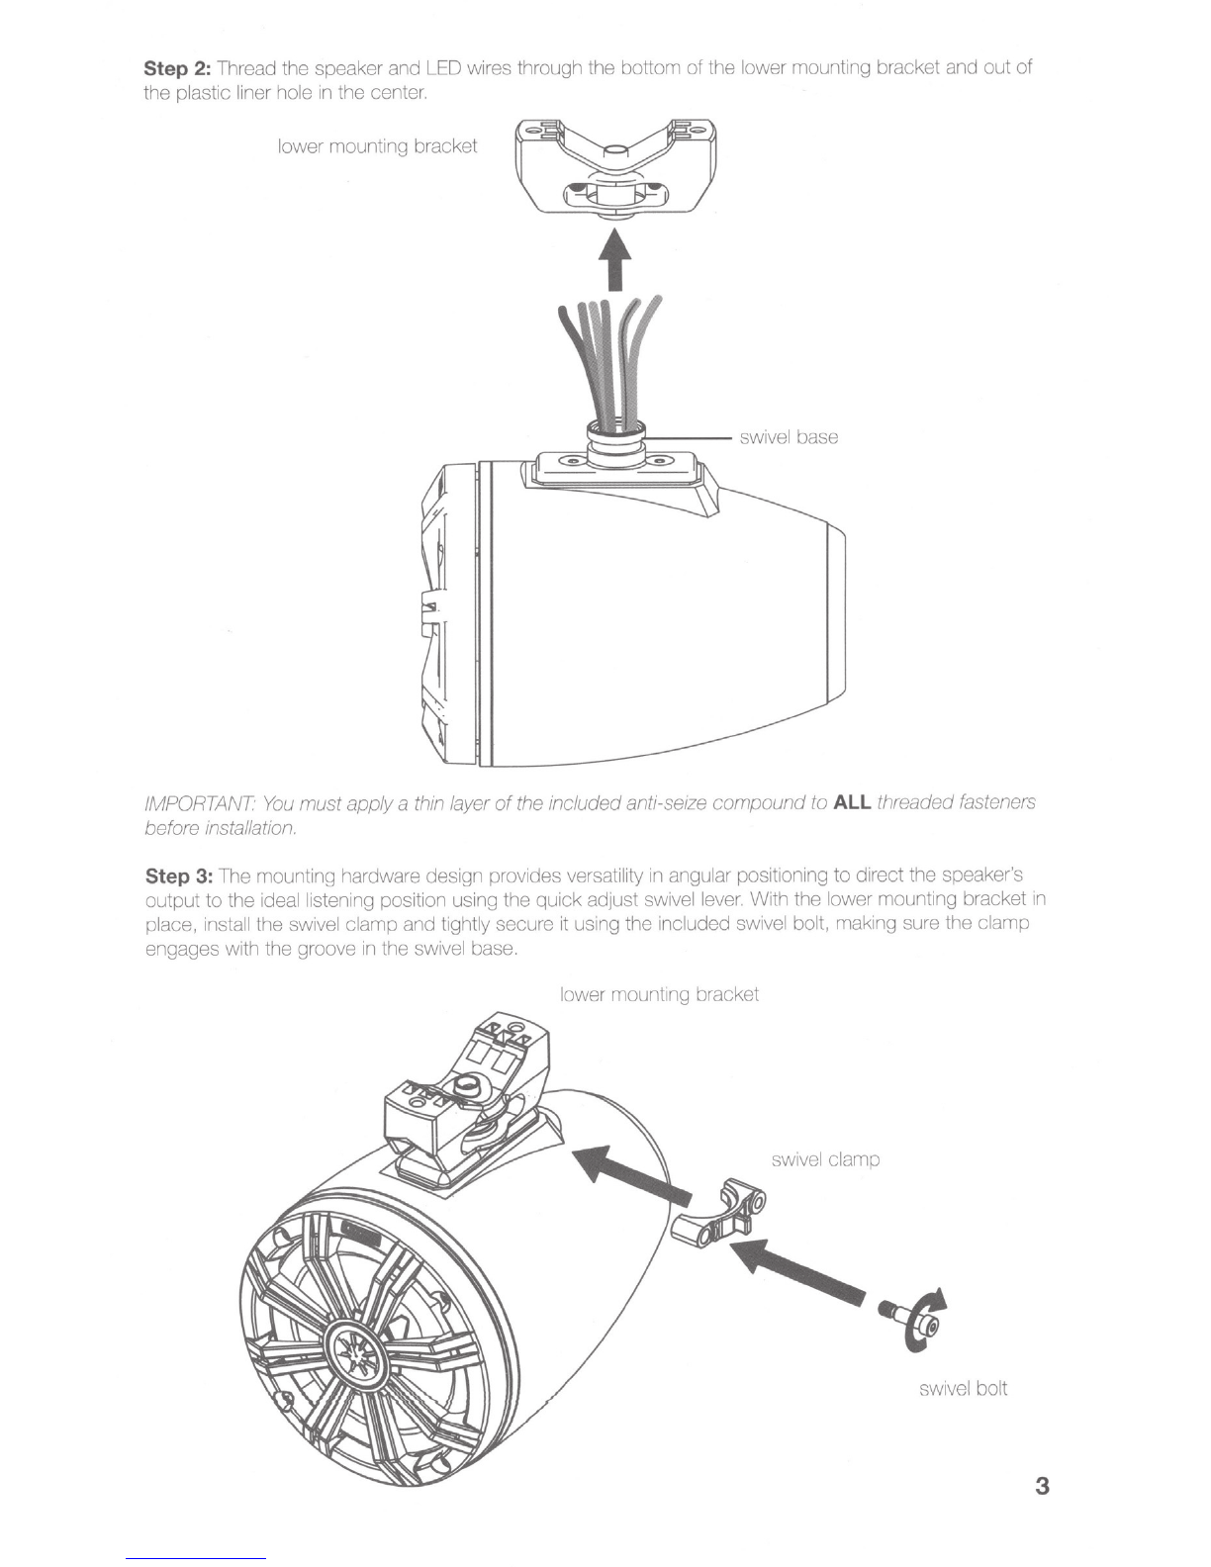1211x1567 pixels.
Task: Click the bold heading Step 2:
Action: [178, 68]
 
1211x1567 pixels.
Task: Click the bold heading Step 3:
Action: [178, 876]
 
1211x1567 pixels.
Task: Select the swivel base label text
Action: [789, 437]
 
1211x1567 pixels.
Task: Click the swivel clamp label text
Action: [825, 1159]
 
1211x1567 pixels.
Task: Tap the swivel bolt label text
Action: [963, 1388]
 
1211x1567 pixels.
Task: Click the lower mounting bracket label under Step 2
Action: [378, 146]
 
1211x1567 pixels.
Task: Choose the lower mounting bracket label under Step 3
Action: [659, 994]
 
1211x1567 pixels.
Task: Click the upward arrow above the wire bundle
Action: [616, 258]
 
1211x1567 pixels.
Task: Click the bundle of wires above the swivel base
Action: [611, 361]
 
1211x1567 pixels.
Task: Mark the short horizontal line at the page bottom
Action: [197, 1558]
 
